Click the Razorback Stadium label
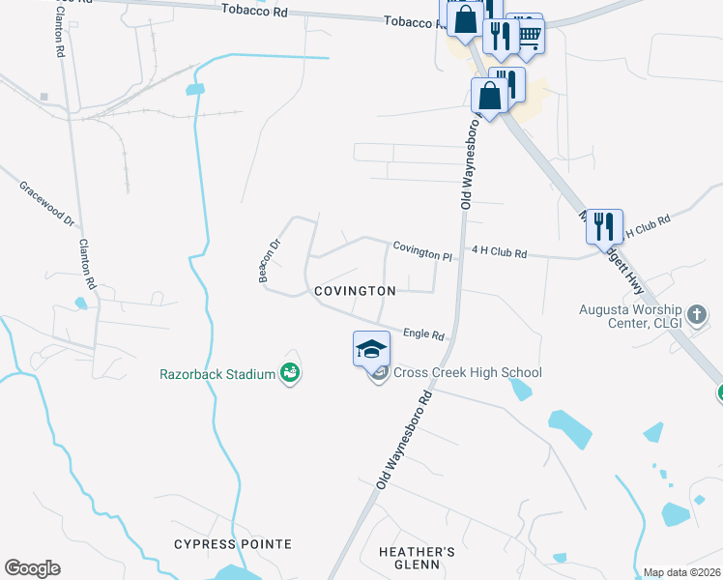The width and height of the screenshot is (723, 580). click(x=217, y=373)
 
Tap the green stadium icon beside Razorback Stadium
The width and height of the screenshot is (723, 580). click(x=289, y=372)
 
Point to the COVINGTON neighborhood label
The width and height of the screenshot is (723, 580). click(x=354, y=291)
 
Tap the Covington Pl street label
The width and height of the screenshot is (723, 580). click(x=421, y=251)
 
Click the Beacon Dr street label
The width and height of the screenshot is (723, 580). click(x=268, y=260)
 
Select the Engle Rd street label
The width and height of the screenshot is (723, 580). click(x=423, y=333)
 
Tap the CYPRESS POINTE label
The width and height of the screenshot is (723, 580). click(x=233, y=544)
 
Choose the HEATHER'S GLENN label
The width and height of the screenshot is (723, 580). click(x=418, y=558)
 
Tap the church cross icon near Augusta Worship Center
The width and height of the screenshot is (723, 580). click(x=700, y=315)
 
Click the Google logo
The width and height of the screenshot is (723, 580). click(x=32, y=567)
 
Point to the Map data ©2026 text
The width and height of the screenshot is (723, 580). click(x=681, y=572)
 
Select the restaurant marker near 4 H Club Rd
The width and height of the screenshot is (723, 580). click(x=604, y=226)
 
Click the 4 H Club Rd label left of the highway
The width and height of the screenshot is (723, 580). click(x=499, y=253)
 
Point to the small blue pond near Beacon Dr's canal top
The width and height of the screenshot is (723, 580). click(x=196, y=89)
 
